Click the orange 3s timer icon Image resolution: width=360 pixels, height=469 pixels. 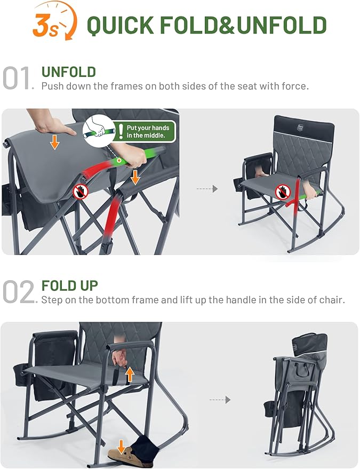[53, 22]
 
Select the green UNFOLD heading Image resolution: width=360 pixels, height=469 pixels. [69, 72]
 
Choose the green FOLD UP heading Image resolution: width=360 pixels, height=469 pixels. [70, 285]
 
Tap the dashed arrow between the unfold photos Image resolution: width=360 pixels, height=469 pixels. [207, 188]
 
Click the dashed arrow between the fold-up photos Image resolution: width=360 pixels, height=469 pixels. [220, 399]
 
